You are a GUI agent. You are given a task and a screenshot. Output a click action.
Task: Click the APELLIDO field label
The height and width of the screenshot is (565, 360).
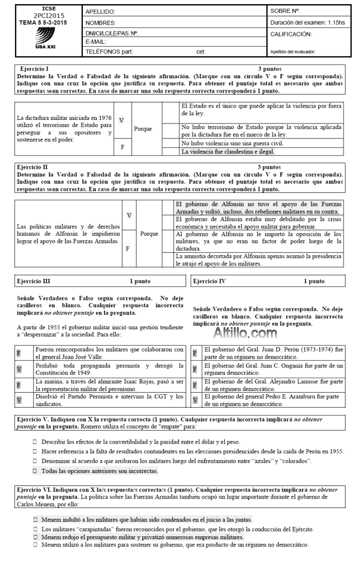[100, 11]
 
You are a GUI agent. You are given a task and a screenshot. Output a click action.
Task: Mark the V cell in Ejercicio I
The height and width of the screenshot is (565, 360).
[121, 120]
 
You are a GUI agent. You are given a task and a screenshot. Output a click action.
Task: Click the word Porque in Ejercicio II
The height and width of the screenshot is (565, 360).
[149, 233]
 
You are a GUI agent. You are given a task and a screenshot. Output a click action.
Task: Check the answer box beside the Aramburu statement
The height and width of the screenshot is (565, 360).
[195, 400]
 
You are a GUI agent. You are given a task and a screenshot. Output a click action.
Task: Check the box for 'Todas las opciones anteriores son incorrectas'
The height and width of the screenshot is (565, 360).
[34, 471]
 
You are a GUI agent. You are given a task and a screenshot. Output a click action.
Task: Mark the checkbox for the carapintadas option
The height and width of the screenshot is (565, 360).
[34, 527]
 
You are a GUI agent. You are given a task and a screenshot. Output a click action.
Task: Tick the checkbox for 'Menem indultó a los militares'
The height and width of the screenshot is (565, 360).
[34, 520]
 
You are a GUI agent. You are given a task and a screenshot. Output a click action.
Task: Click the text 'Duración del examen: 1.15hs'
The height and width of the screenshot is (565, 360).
[307, 23]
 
